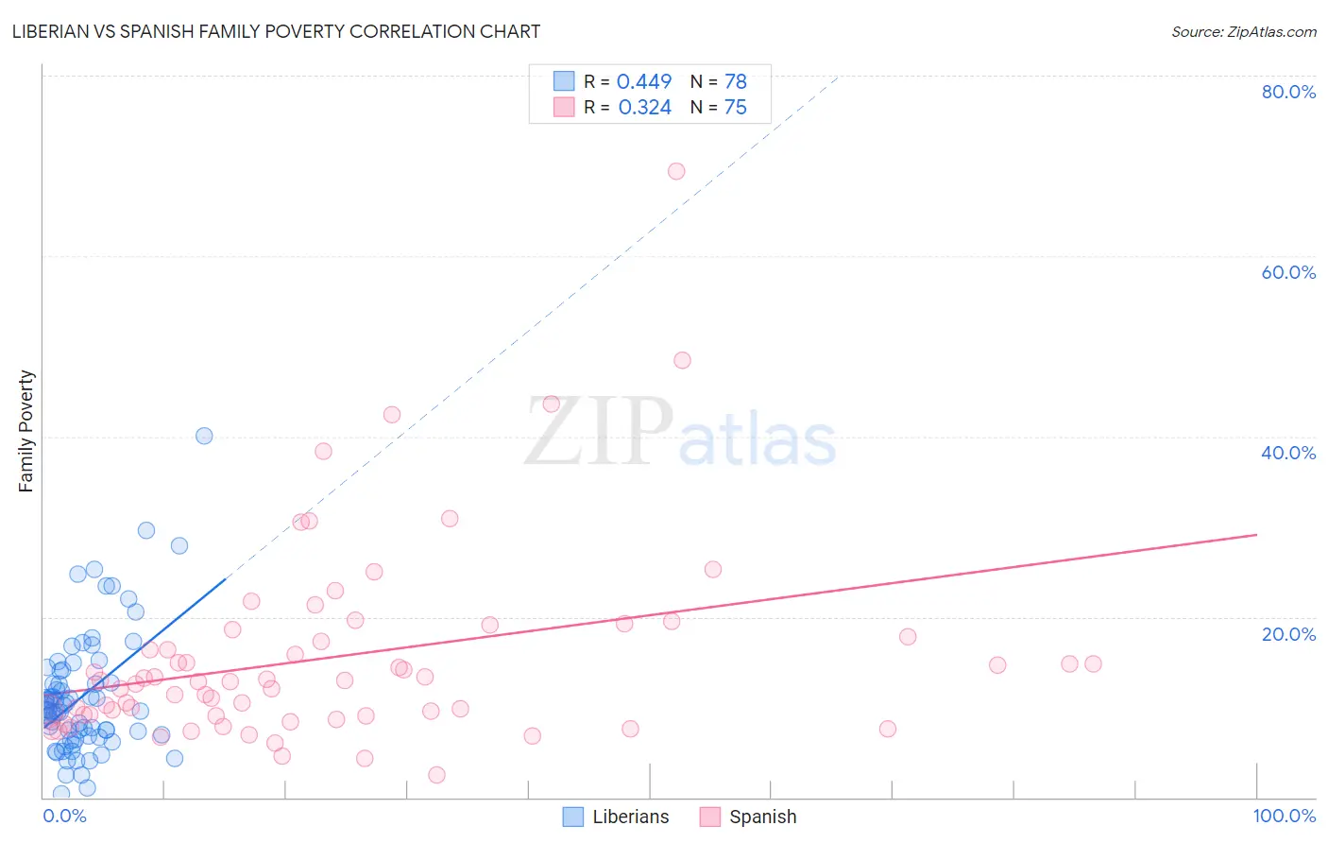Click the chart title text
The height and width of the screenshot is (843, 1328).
click(x=276, y=31)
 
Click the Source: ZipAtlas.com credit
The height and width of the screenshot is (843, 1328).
click(x=1243, y=31)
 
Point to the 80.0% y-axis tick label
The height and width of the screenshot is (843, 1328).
click(x=1288, y=92)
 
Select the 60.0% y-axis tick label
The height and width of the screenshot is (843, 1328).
click(x=1288, y=272)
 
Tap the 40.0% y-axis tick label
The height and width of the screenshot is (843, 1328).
click(x=1288, y=453)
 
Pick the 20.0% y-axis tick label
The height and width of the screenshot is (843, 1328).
click(x=1288, y=634)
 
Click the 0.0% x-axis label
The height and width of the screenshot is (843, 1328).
click(x=64, y=816)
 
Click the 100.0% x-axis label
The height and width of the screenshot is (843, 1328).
click(x=1284, y=816)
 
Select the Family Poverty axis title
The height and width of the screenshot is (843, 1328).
click(x=26, y=431)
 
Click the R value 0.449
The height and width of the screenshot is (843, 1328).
click(x=644, y=81)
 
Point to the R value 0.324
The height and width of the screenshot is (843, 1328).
click(x=644, y=107)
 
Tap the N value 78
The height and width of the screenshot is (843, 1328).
click(x=735, y=81)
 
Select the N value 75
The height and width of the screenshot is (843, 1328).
click(x=735, y=107)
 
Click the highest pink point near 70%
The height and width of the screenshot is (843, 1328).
click(x=676, y=171)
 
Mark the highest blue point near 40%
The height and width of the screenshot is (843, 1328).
click(x=204, y=436)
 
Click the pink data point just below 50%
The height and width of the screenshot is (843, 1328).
click(x=682, y=360)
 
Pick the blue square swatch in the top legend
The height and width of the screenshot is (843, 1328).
click(x=564, y=81)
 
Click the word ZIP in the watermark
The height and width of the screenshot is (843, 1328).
click(x=598, y=432)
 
